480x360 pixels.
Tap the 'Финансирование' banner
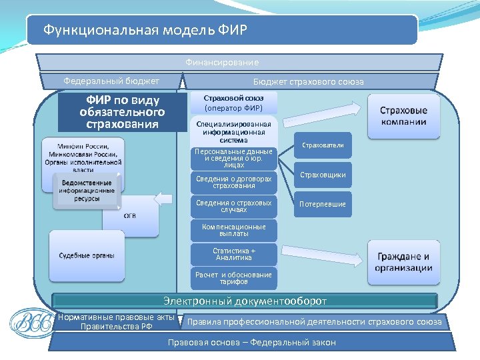[x=222, y=62]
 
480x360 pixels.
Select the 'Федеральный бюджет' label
[x=111, y=81]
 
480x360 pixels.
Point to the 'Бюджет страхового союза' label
[x=308, y=81]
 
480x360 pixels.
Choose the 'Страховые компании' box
[x=404, y=116]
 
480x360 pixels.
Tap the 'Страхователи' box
[x=323, y=145]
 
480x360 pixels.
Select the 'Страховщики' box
[x=323, y=175]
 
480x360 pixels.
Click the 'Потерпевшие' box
[x=323, y=204]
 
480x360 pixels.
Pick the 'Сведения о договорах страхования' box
[x=233, y=182]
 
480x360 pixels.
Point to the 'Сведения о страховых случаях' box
[x=233, y=206]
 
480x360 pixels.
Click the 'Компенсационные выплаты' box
[x=233, y=230]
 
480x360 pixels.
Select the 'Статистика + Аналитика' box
[x=233, y=254]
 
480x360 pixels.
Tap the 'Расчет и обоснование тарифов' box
[x=233, y=278]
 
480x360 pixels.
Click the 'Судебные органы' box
[x=87, y=255]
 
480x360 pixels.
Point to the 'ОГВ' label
[x=131, y=215]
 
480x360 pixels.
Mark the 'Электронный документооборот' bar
[x=245, y=301]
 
